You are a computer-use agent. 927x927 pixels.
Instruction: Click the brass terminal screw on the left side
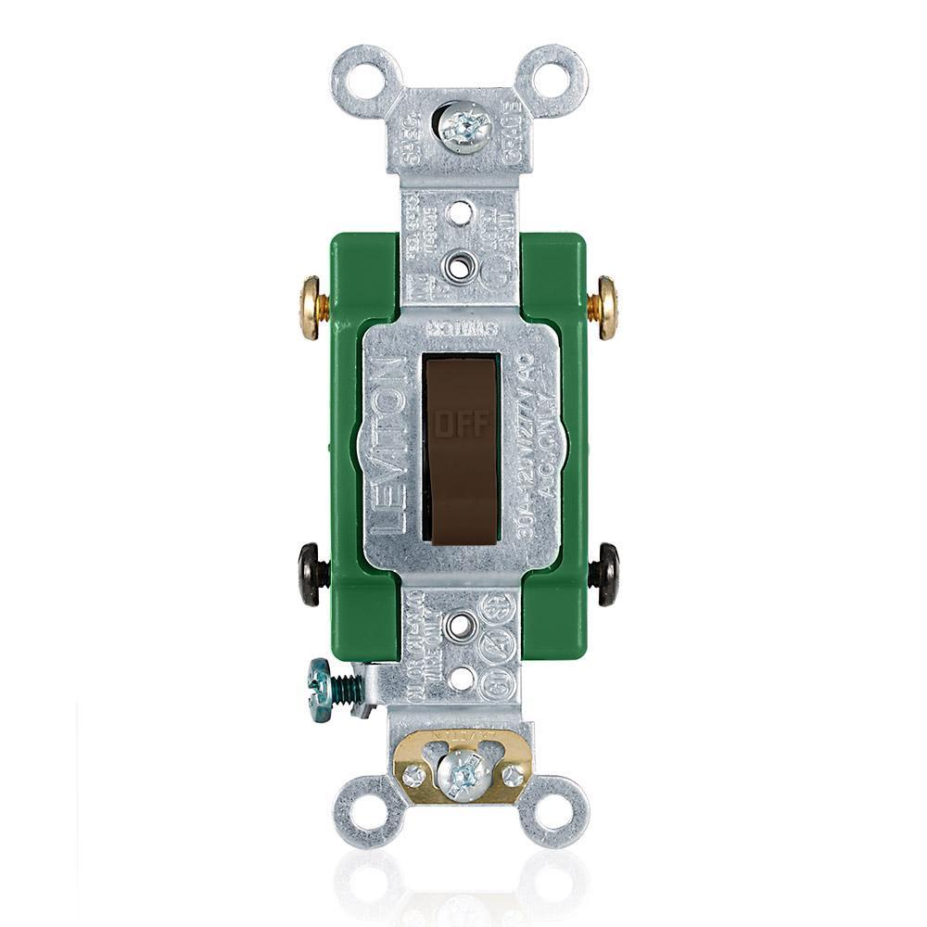click(311, 307)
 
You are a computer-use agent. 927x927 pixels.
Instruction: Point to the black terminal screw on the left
click(312, 575)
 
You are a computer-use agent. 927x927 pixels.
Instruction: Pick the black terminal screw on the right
click(607, 575)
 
